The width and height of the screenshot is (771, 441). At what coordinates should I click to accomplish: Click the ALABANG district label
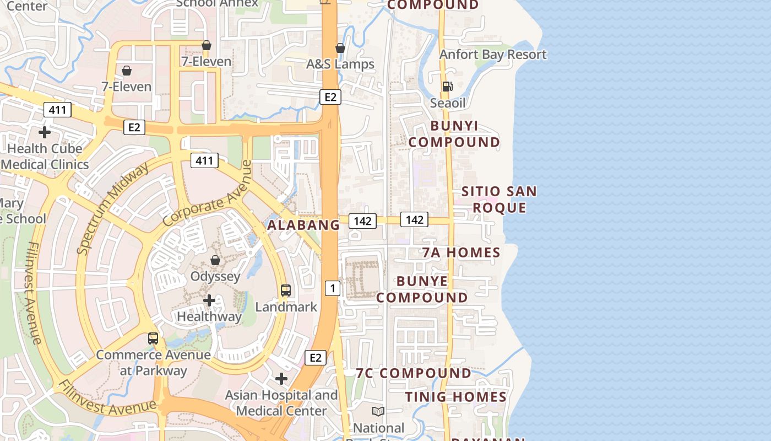(303, 225)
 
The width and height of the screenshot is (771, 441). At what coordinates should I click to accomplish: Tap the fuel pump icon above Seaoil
(447, 86)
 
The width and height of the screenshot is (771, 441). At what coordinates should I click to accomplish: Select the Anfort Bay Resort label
(493, 55)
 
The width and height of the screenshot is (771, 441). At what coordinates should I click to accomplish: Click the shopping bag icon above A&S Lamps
(340, 48)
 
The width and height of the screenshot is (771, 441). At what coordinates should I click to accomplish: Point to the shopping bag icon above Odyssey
(215, 260)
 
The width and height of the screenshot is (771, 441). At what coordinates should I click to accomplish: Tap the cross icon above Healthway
(209, 300)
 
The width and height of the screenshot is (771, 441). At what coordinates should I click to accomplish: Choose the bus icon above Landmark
(286, 290)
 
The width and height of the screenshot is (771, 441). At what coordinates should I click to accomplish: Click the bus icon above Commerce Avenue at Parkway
(153, 338)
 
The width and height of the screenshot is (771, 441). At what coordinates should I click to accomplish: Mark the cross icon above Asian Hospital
(281, 379)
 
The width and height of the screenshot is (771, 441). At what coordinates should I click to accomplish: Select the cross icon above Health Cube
(45, 132)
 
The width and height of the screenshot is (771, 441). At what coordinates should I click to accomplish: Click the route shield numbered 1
(332, 288)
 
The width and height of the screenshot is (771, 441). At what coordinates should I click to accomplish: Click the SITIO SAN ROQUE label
(499, 200)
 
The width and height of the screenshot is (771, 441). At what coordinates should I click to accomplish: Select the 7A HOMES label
(461, 252)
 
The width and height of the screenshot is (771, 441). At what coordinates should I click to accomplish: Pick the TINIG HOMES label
(456, 397)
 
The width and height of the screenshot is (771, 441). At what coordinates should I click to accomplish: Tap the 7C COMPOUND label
(414, 373)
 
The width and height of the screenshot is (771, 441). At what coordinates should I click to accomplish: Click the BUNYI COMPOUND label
(454, 134)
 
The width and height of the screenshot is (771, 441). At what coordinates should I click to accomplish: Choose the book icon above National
(378, 411)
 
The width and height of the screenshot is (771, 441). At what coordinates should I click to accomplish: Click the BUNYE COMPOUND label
(430, 289)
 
